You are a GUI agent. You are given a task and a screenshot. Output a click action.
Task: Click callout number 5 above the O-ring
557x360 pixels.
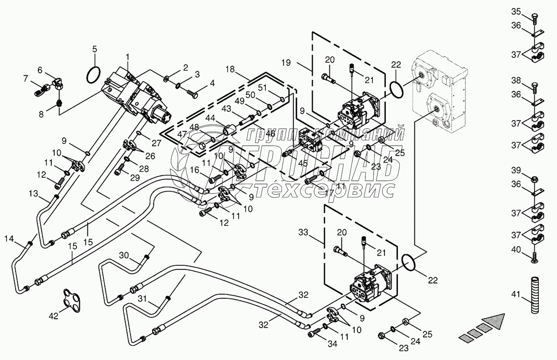tap(94, 49)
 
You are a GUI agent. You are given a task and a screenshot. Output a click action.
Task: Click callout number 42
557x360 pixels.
tap(53, 316)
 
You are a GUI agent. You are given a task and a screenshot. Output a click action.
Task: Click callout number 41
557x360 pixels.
tap(516, 294)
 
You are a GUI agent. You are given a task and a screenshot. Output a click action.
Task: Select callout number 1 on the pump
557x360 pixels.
tap(128, 57)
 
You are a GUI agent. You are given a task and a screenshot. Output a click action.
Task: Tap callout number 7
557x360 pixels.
tap(26, 79)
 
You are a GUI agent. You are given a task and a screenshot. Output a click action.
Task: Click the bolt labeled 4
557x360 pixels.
tap(192, 95)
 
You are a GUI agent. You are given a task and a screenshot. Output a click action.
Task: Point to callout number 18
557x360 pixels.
tap(230, 69)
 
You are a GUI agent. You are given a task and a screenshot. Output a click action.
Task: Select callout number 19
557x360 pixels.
tap(286, 63)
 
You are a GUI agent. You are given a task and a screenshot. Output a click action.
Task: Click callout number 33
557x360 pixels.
tap(303, 232)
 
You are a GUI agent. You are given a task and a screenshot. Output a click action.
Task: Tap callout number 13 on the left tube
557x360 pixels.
tap(33, 193)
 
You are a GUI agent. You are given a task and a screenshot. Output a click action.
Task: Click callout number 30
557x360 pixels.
tap(124, 255)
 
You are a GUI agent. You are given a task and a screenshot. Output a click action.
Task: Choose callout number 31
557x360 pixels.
tap(143, 299)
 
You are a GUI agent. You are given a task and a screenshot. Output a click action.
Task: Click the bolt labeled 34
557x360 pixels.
tap(314, 333)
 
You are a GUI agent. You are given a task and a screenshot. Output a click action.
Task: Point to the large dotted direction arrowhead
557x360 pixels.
tap(493, 322)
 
